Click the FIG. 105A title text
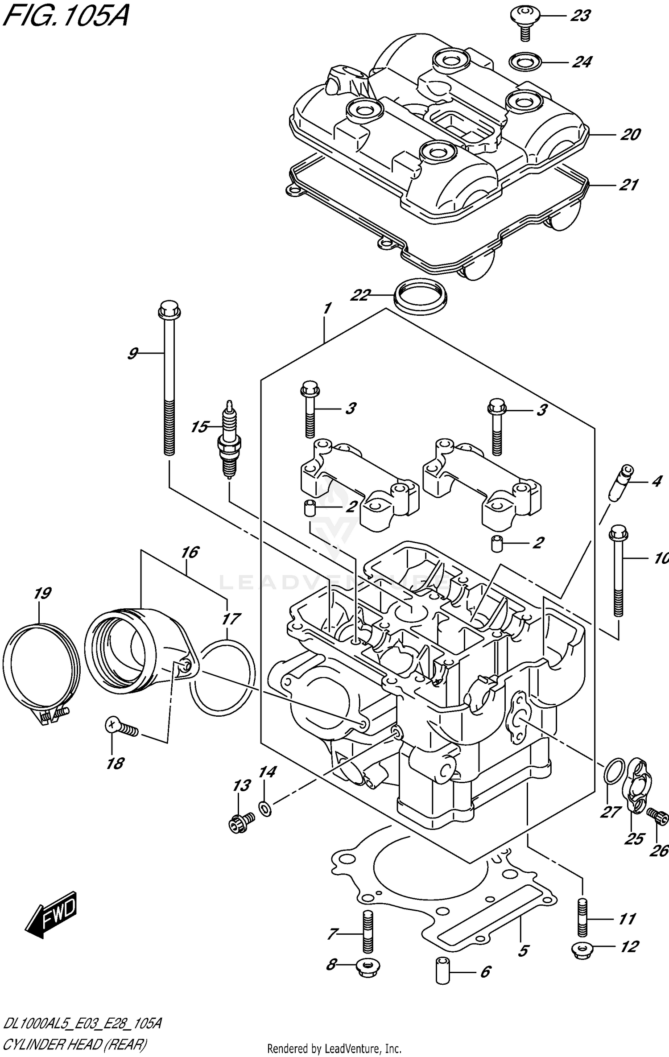[66, 17]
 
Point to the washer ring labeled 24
[525, 61]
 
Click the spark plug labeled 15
[229, 439]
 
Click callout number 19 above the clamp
[43, 593]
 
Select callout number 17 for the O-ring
[231, 619]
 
